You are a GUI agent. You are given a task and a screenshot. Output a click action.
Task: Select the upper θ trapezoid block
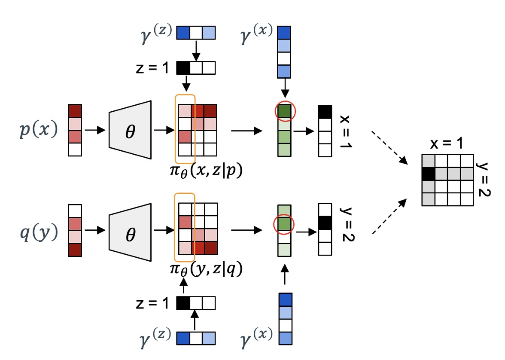(x=130, y=130)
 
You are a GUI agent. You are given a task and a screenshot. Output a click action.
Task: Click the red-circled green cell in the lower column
(x=284, y=224)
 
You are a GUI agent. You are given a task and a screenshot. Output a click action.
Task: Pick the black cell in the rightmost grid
(x=428, y=174)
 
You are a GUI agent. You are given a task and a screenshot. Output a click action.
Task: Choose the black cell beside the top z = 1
(x=183, y=67)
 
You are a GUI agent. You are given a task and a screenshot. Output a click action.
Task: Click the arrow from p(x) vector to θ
(x=94, y=130)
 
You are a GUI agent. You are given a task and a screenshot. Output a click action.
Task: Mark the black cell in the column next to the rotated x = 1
(x=325, y=111)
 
